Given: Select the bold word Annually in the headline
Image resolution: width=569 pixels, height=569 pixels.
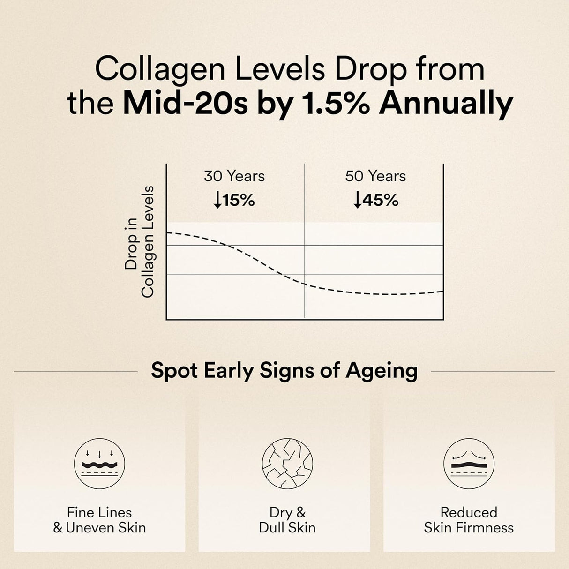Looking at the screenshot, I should (446, 104).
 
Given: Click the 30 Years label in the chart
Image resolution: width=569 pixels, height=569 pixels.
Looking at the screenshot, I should (234, 176).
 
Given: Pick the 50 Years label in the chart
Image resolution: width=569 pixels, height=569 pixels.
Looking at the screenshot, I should (375, 176).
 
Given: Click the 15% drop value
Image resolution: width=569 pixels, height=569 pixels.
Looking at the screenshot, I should (239, 201).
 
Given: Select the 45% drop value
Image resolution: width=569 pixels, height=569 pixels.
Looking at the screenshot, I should (380, 201).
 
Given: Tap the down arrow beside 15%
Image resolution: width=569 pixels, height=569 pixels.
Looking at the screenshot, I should (217, 201).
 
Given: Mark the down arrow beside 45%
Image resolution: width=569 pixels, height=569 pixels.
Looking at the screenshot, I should (358, 201).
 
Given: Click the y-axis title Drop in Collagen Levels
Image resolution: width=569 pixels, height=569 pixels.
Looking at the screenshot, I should (139, 242).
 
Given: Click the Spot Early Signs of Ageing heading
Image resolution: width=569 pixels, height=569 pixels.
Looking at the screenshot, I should (284, 371).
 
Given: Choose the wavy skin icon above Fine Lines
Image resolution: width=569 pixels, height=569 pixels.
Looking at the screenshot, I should (99, 464).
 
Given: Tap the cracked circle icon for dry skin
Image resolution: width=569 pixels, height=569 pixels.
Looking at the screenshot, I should (287, 464).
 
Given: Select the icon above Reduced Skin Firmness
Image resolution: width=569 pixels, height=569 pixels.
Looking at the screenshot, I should (469, 464).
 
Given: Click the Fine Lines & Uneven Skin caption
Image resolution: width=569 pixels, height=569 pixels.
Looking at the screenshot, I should (99, 520).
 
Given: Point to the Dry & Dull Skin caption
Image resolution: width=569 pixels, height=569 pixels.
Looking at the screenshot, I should (287, 520).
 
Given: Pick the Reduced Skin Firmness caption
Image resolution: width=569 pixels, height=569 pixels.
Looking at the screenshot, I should (469, 520).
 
